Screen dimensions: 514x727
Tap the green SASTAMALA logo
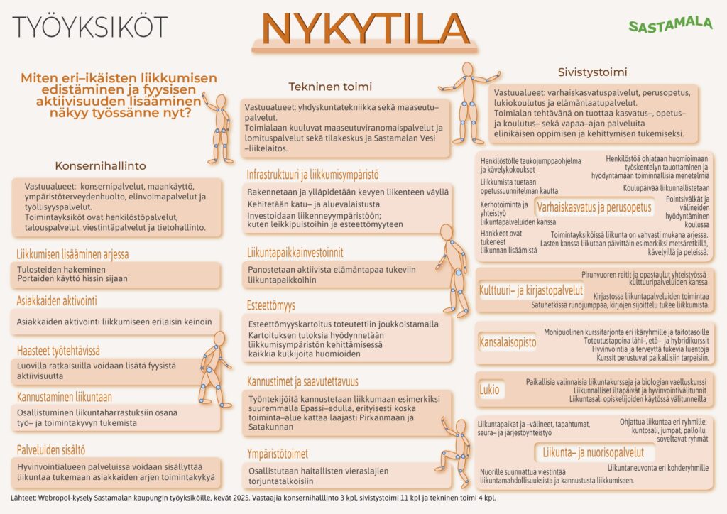[670, 25]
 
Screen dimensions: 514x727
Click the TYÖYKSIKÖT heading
[90, 26]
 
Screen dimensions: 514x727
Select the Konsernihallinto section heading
[100, 165]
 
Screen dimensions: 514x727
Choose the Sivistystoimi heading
[592, 72]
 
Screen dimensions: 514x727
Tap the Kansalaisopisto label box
[508, 342]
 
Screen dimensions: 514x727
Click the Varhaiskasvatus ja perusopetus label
[594, 207]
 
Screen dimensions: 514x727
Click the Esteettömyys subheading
[270, 306]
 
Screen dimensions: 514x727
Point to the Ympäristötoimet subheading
[278, 454]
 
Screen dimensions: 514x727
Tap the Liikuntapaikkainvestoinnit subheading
[295, 251]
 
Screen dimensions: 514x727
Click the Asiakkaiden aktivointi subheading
[57, 301]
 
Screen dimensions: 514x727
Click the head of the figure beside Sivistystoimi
[467, 69]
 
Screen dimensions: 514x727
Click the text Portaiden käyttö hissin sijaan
[72, 279]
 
